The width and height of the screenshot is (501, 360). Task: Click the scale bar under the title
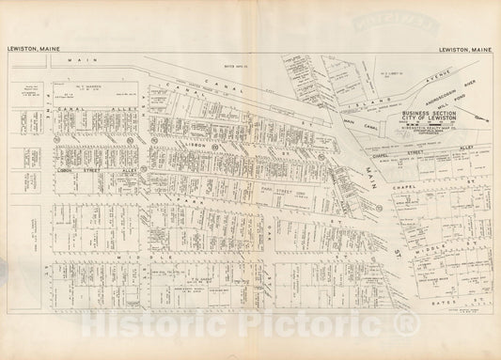[428, 122]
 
